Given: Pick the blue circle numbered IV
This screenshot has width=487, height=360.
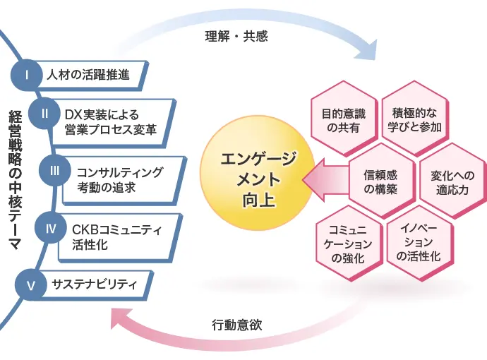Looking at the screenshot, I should tap(50, 227).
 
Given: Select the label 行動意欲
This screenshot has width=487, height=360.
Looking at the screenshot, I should tap(238, 325).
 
